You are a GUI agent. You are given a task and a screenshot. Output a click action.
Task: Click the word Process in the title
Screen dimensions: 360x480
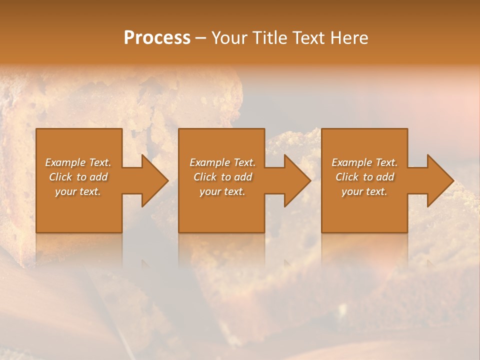pos(157,38)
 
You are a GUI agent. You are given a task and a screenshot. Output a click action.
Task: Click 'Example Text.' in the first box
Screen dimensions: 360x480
pos(78,162)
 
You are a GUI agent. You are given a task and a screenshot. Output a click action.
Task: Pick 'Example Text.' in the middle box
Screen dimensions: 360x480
pos(222,162)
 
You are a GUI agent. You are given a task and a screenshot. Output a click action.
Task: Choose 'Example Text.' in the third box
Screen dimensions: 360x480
pos(364,162)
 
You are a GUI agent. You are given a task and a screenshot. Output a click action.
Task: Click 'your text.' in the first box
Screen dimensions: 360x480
pos(78,191)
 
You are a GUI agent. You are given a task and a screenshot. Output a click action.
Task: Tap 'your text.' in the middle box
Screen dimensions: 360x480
pos(222,191)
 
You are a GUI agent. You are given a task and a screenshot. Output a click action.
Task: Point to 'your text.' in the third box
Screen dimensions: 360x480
pos(364,191)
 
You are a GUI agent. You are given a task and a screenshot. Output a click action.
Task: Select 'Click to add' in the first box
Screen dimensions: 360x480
pos(78,177)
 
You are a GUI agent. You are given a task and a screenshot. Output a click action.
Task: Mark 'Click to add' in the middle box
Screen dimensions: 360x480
pos(222,177)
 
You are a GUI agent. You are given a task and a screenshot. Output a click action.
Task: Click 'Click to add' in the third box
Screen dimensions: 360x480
pos(364,177)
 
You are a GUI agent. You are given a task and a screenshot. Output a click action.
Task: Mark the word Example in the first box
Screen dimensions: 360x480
pos(65,162)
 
